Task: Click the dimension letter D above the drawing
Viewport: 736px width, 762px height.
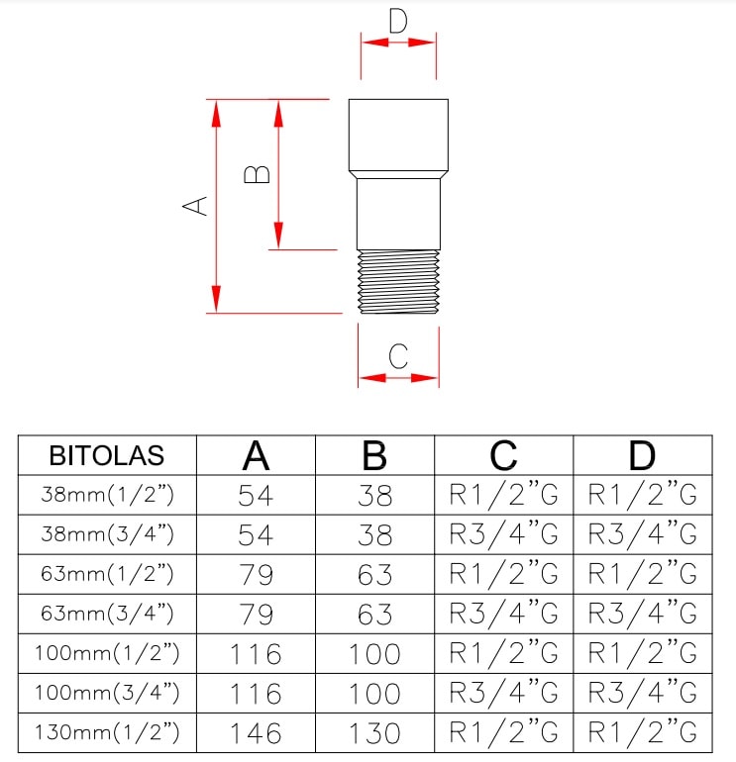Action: tap(398, 21)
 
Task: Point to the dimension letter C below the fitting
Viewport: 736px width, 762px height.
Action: tap(398, 356)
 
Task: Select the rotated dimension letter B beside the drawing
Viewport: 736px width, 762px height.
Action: tap(258, 174)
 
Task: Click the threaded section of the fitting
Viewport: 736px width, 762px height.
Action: tap(398, 281)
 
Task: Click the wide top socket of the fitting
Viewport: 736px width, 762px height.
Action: tap(398, 134)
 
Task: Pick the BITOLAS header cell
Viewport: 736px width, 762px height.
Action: tap(107, 456)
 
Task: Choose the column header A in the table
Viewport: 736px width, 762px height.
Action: tap(257, 455)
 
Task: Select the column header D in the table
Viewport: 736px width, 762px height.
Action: tap(643, 455)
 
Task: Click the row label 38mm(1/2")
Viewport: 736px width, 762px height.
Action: tap(107, 495)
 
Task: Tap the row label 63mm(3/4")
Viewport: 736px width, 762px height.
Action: tap(107, 614)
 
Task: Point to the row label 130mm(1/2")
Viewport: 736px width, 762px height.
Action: tap(107, 733)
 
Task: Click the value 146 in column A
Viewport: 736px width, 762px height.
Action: tap(257, 733)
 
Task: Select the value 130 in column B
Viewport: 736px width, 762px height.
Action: tap(375, 733)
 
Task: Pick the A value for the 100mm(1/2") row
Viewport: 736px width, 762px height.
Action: tap(257, 654)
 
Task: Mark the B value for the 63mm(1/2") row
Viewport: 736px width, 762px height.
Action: tap(375, 575)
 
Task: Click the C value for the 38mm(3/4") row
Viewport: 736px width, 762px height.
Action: tap(504, 534)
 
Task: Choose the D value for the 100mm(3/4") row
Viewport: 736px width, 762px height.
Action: tap(643, 693)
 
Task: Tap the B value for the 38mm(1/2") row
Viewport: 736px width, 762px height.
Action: tap(375, 495)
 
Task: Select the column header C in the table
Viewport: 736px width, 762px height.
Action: tap(504, 455)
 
